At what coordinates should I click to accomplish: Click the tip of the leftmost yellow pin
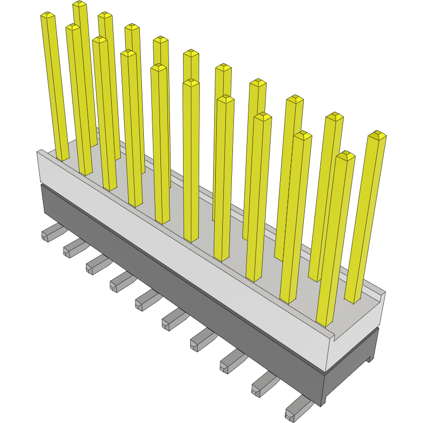pyautogui.click(x=47, y=16)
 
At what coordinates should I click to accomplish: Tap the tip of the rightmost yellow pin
pyautogui.click(x=377, y=135)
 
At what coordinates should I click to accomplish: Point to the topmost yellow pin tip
pyautogui.click(x=79, y=5)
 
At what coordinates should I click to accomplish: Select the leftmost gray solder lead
pyautogui.click(x=50, y=233)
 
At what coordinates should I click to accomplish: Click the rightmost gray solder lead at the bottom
pyautogui.click(x=297, y=408)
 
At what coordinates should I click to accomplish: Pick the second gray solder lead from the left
pyautogui.click(x=73, y=247)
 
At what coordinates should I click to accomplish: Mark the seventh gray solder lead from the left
pyautogui.click(x=201, y=340)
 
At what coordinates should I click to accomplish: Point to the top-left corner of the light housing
pyautogui.click(x=38, y=151)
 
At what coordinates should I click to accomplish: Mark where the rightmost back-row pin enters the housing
pyautogui.click(x=352, y=299)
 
